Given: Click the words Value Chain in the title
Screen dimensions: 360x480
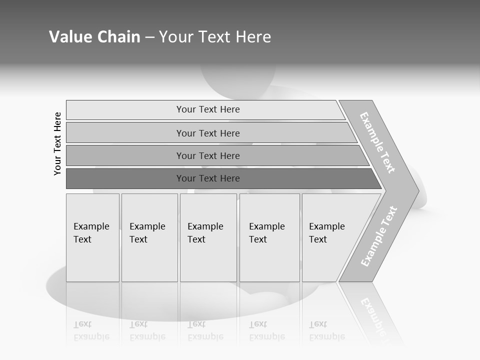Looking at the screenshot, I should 94,37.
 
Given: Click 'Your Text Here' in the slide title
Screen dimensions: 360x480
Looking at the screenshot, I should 215,37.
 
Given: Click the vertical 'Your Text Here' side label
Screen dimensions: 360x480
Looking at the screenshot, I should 57,143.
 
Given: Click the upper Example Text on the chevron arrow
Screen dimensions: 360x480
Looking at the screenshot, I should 377,143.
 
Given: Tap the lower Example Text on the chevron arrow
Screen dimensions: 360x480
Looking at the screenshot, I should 379,236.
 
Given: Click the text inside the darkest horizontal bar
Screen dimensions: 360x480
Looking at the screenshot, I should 208,178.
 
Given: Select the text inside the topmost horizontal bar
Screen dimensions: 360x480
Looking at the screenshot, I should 208,109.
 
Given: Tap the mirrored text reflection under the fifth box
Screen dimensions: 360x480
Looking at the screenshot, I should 326,331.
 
